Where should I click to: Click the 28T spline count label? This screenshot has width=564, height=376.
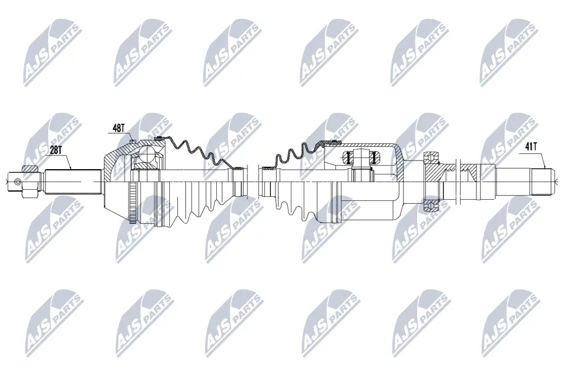[56, 150]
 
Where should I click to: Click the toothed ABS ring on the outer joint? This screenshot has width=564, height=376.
[132, 203]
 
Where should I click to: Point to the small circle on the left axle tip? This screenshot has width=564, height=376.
[14, 180]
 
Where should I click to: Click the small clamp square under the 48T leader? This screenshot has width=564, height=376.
[133, 141]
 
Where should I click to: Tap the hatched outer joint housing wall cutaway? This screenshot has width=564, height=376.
[115, 159]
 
